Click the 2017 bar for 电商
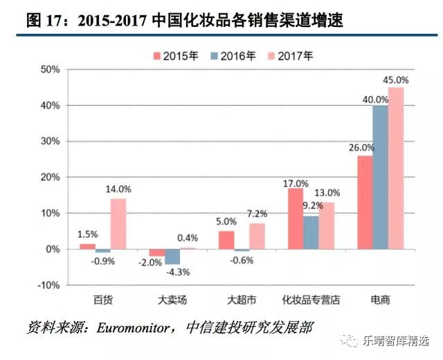point(396,168)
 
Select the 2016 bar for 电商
point(380,177)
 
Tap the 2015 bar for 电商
point(365,202)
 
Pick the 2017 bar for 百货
point(118,224)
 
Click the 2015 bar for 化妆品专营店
point(296,218)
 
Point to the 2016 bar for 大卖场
point(172,256)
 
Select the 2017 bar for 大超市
point(257,236)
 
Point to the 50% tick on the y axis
point(52,69)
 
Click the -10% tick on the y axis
point(51,285)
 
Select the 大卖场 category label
point(172,300)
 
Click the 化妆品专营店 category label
point(311,300)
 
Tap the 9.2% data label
point(311,205)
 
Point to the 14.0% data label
point(118,189)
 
